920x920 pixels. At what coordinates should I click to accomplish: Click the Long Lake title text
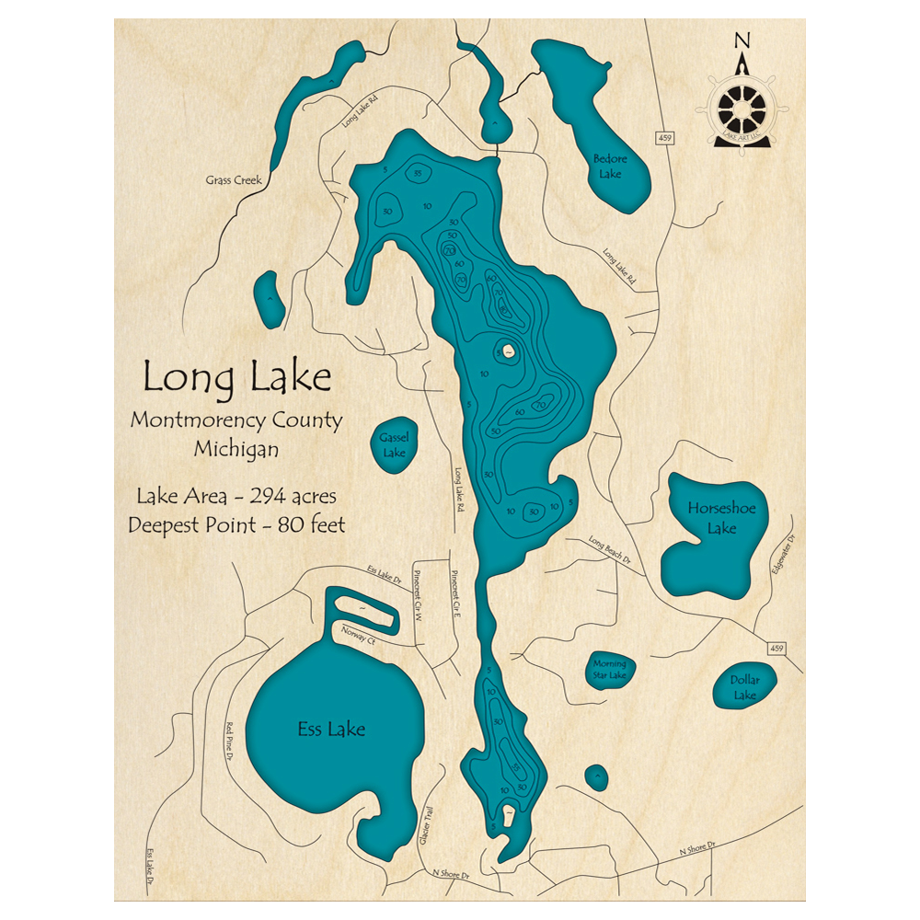point(236,378)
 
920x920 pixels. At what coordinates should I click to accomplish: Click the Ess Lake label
point(331,730)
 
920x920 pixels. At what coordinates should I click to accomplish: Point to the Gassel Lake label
point(394,445)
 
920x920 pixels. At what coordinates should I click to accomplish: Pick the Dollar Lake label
point(744,687)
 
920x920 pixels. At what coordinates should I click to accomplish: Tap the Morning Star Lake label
point(609,670)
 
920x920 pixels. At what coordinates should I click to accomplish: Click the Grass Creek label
point(234,181)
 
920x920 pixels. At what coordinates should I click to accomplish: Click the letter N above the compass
point(742,40)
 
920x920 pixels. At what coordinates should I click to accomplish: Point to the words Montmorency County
point(236,421)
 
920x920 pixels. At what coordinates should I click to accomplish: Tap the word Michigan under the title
point(236,450)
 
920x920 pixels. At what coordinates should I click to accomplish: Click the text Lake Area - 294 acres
point(236,497)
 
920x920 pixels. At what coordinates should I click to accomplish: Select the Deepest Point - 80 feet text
point(236,525)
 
